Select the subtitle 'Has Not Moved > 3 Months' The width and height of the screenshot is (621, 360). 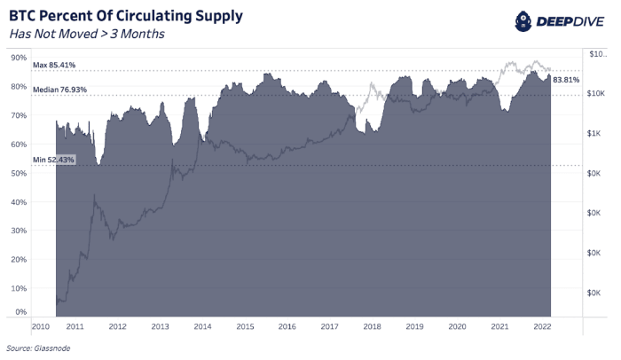tap(87, 35)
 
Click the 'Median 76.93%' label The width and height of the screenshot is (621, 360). tap(59, 90)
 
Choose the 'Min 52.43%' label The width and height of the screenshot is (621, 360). tap(54, 160)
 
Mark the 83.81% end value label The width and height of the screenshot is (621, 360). tap(565, 80)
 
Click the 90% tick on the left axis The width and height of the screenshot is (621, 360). tap(18, 58)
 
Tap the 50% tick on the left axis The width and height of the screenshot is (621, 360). tap(18, 173)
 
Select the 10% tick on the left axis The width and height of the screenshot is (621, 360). tap(18, 289)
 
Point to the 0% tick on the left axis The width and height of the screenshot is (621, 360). tap(20, 312)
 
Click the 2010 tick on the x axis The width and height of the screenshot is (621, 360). tap(41, 327)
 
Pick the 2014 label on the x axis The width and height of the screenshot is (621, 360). tap(202, 327)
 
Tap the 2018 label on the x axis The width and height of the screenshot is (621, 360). tap(372, 327)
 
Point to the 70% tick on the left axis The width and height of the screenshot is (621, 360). tap(18, 115)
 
